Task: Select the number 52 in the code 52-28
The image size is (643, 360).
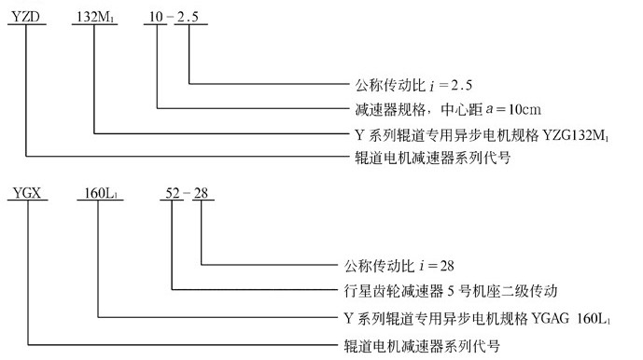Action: pyautogui.click(x=173, y=197)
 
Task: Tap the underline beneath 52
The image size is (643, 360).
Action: pyautogui.click(x=173, y=209)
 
